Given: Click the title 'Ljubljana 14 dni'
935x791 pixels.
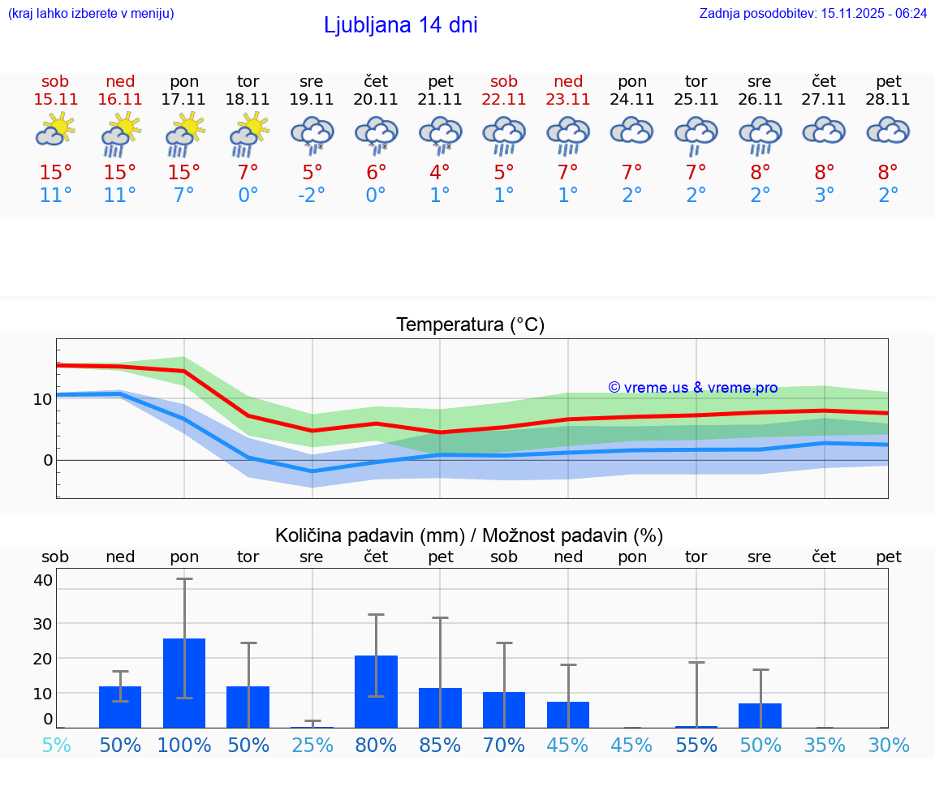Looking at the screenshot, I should coord(400,25).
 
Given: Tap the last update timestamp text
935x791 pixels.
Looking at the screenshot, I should coord(812,13).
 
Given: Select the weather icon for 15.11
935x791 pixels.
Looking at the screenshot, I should coord(55,131).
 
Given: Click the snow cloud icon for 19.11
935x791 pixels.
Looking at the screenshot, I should coord(312,132).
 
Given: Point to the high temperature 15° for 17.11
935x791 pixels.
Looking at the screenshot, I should coord(183,173).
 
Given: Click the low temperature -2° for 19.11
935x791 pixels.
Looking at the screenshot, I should coord(312,196).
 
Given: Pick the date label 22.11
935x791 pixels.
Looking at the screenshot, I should coord(504,99).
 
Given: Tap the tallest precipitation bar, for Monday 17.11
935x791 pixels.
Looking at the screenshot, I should coord(184,682).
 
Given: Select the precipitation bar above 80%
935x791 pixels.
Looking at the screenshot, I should coord(376,691).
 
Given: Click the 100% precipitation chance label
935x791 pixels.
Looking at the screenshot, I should coord(184,745).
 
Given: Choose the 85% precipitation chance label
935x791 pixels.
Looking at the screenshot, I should coord(440,745).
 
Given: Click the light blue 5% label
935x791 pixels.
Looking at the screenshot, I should coord(55,745).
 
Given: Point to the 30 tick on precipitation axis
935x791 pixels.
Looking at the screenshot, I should coord(43,623).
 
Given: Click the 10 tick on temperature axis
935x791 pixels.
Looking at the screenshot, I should coord(43,399).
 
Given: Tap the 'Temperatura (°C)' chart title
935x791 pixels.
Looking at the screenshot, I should coord(470,325).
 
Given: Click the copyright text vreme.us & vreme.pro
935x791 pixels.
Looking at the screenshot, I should coord(692,388).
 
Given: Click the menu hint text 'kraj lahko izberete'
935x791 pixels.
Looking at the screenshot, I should coord(91,13).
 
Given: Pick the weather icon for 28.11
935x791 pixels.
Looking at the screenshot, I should coord(888,131).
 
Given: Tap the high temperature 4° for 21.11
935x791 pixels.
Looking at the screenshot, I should coord(440,173).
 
